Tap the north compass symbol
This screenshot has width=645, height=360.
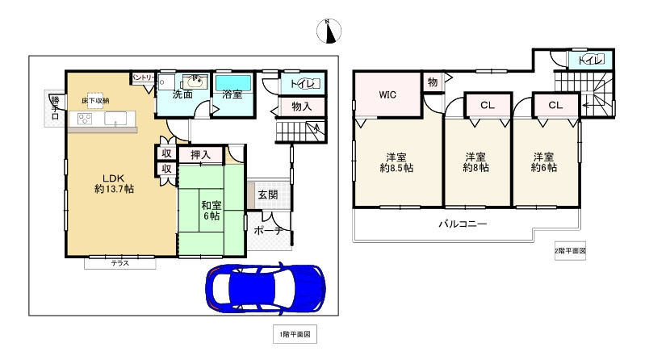(330, 31)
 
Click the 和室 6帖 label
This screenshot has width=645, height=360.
(212, 211)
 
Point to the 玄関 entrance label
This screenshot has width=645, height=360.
(268, 195)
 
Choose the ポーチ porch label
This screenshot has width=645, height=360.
(267, 231)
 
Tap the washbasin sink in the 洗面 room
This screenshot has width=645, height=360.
(194, 82)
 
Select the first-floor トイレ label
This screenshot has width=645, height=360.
(304, 82)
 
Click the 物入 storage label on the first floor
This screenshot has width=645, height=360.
(302, 106)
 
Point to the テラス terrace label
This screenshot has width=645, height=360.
(120, 263)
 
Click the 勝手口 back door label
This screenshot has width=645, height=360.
(54, 107)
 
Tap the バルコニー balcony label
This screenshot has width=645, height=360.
(462, 224)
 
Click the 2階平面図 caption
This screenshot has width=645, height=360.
(570, 251)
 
